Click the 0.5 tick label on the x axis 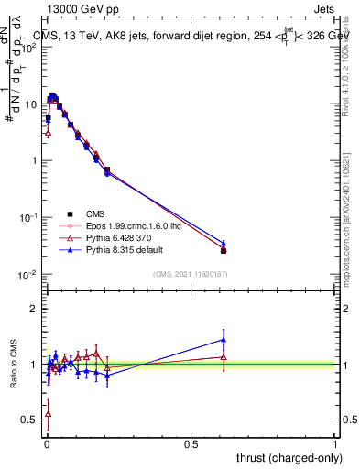[191, 443]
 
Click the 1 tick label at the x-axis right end [335, 443]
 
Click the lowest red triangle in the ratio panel [48, 413]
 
